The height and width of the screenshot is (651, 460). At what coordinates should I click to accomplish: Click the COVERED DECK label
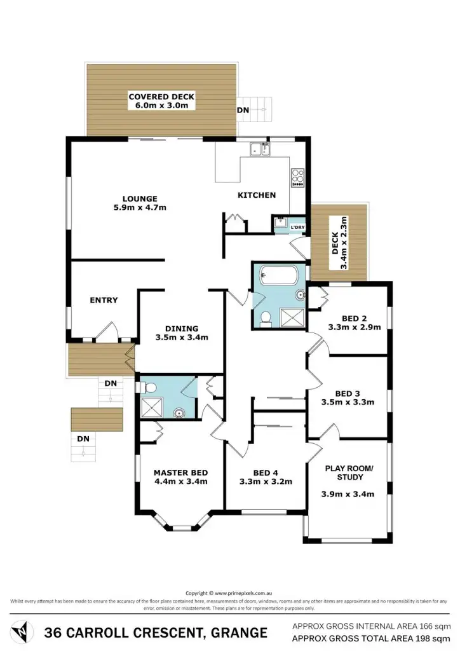click(x=161, y=97)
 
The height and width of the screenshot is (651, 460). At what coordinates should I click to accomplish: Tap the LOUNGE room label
click(x=140, y=198)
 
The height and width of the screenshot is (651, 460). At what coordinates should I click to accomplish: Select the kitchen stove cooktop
click(x=297, y=176)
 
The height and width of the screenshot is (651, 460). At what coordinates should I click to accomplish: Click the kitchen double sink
click(x=260, y=149)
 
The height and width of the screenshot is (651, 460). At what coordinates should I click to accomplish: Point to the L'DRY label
click(x=297, y=228)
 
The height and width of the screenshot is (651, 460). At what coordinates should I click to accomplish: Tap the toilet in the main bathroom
click(x=266, y=317)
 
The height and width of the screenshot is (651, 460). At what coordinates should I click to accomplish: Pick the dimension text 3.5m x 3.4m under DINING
click(x=182, y=338)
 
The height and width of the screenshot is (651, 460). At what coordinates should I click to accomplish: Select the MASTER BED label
click(x=181, y=472)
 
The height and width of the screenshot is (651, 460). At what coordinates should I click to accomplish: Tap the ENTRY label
click(x=104, y=300)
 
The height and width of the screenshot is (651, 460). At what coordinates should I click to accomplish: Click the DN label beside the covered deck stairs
click(x=243, y=110)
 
